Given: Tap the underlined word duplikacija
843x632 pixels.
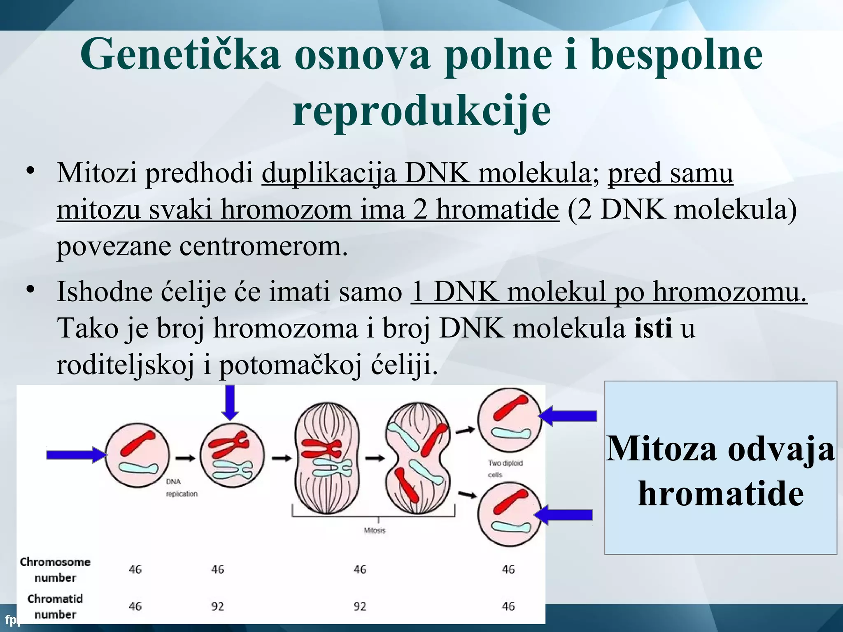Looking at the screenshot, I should coord(329,173).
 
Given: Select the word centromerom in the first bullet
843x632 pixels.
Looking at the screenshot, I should coord(263,246).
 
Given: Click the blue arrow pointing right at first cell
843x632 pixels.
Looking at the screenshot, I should coord(77,455).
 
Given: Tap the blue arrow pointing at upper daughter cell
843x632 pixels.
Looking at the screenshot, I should coord(568,416).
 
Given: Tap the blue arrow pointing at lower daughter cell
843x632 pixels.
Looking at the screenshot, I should coord(564,515).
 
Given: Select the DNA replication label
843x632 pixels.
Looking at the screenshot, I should coord(181,488).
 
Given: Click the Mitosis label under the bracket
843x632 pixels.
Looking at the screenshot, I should coord(375,530).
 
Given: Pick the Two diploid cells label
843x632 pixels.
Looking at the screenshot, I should coord(505,469).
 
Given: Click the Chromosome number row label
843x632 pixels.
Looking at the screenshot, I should coord(55,569).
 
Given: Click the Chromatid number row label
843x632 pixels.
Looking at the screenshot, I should coord(55,606).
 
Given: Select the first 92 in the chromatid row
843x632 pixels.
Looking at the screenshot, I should coord(217,606).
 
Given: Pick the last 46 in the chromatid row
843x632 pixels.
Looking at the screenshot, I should coord(508,606).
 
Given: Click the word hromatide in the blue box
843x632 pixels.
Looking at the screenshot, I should coord(721,493).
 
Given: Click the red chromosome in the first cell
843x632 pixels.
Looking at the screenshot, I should coord(138,443).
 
